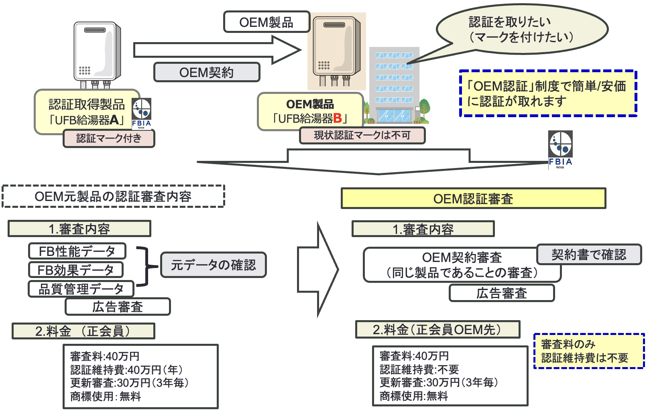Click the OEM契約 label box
tap(207, 72)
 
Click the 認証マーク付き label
tap(109, 138)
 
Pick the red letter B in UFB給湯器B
tap(337, 118)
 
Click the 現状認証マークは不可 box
tap(362, 135)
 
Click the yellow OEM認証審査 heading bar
tap(473, 199)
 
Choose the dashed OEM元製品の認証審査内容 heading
tap(113, 196)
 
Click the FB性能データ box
tap(77, 251)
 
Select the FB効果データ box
tap(76, 270)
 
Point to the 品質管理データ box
tap(81, 289)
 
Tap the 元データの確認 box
tap(213, 265)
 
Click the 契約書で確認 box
tap(588, 254)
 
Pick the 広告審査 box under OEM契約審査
tap(501, 293)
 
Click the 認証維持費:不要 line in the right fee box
tap(419, 369)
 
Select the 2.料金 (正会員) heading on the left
tap(83, 331)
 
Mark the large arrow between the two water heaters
tap(217, 50)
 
